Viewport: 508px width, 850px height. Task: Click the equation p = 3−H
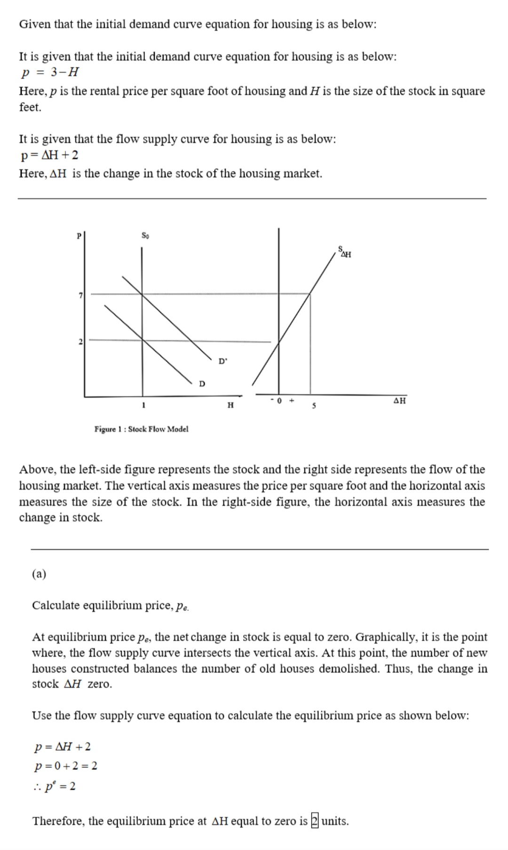pos(50,72)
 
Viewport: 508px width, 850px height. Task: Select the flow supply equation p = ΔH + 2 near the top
pos(49,155)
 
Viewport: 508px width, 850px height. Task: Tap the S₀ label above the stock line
pos(145,235)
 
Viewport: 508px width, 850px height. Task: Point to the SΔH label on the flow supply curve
pos(345,252)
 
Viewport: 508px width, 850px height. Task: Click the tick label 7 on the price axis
pos(80,295)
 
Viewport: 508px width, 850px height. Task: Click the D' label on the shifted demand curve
pos(222,361)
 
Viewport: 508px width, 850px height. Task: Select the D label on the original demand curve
pos(202,384)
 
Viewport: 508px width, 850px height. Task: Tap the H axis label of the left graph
pos(230,405)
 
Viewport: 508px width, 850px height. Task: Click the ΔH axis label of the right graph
pos(399,401)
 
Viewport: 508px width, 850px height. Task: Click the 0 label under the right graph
pos(279,401)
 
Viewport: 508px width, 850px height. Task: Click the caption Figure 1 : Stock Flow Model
pos(142,429)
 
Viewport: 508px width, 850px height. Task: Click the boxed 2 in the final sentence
pos(315,821)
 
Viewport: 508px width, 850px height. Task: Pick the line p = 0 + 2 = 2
pos(66,766)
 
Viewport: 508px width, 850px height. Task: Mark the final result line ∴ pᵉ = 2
pos(55,786)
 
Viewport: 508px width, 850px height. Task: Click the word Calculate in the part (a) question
pos(56,605)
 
